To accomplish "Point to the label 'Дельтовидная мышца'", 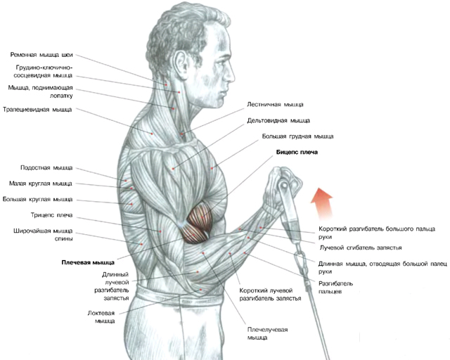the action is click(278, 120).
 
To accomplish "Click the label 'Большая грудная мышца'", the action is click(297, 136).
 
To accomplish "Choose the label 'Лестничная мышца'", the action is click(275, 104).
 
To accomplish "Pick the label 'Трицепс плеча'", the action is click(52, 215).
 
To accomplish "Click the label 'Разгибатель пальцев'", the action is click(335, 288).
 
